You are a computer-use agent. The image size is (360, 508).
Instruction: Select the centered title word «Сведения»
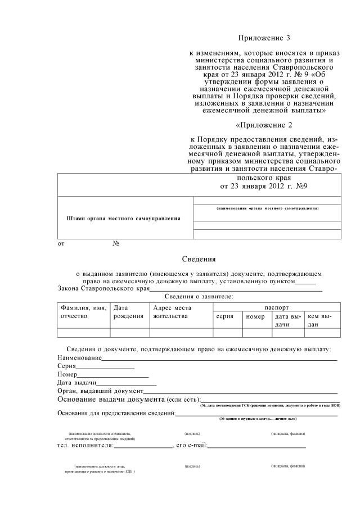click(199, 259)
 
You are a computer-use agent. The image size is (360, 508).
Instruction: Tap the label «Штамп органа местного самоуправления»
click(123, 218)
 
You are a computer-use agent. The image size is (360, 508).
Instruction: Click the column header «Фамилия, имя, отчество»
click(83, 312)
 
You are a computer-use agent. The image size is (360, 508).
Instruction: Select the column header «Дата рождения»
click(128, 312)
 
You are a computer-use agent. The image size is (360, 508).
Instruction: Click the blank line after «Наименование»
click(219, 358)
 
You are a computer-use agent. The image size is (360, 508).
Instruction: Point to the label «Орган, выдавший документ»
click(101, 391)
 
